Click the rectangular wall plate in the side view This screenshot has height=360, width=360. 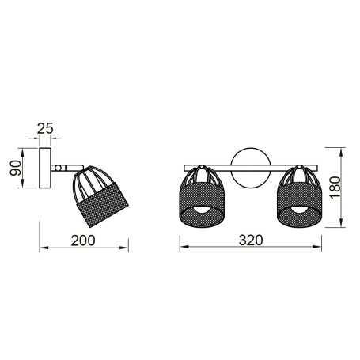point(44,167)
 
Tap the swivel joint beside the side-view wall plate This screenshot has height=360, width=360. point(60,168)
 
